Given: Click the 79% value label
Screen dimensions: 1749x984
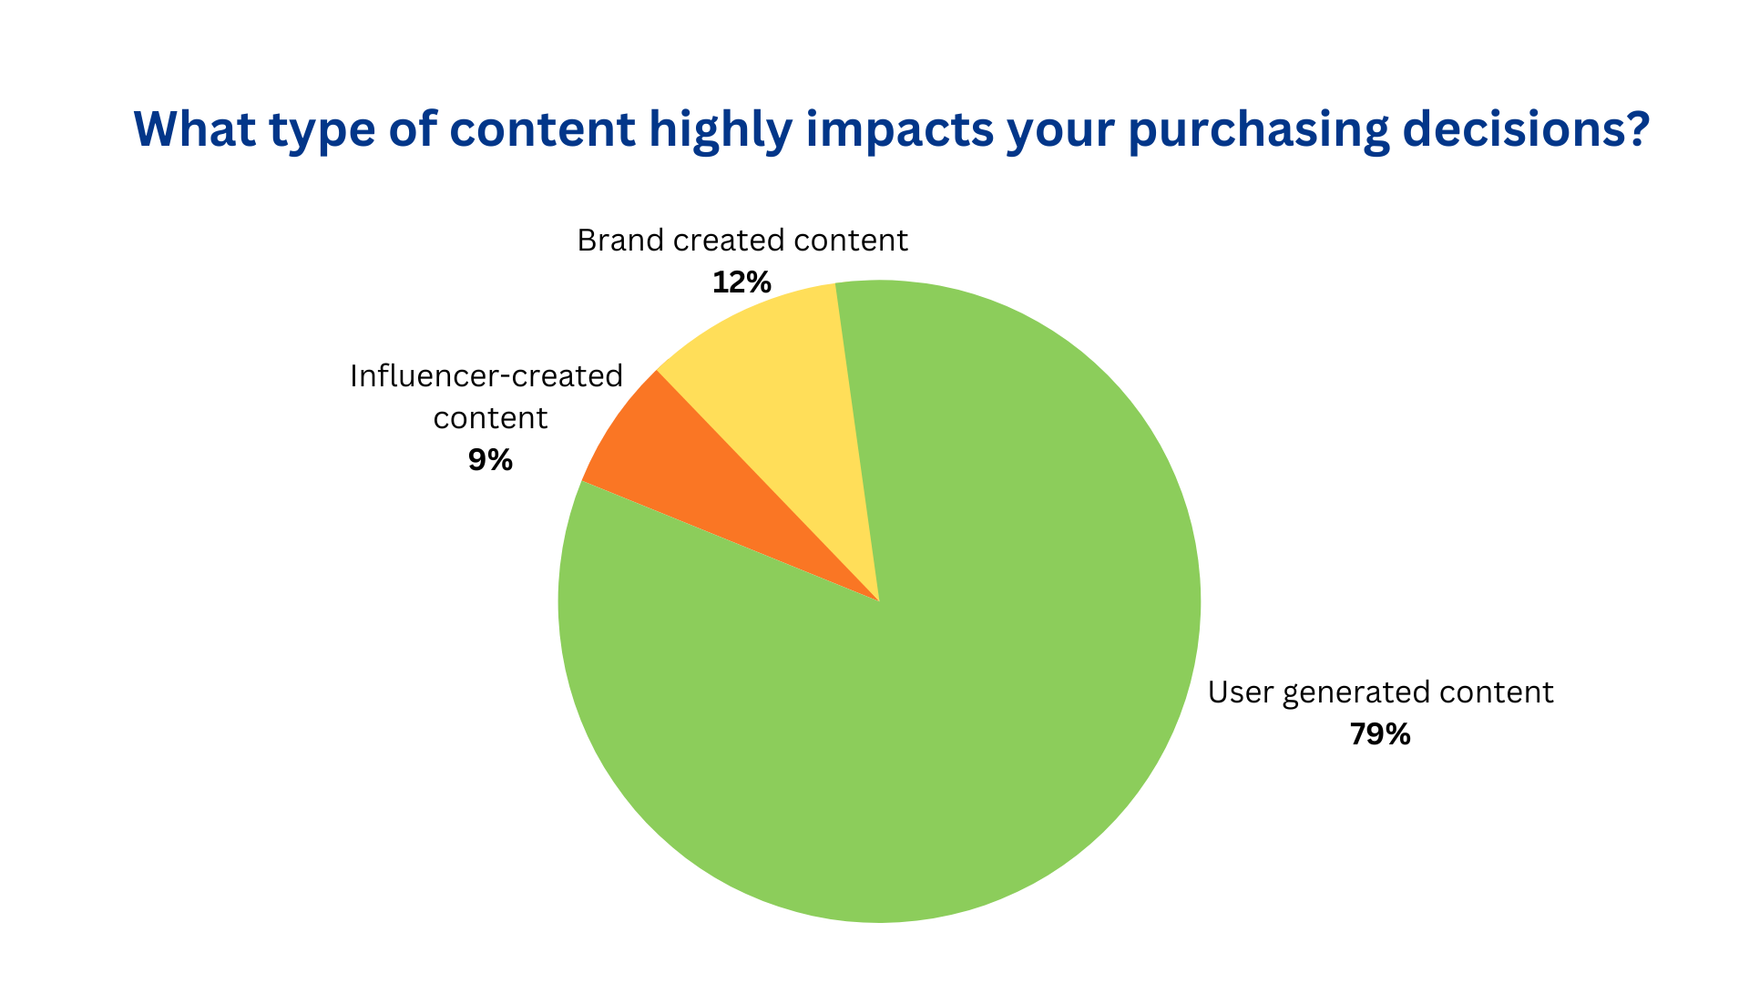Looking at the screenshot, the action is coord(1380,734).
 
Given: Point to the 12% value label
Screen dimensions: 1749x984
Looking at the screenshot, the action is coord(742,282).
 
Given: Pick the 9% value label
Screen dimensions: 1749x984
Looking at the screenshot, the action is coord(490,460).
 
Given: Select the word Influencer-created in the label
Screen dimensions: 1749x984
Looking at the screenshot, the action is coord(486,376).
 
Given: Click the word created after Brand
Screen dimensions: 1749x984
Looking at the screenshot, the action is coord(715,241).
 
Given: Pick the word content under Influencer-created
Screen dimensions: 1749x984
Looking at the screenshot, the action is coord(490,418).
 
